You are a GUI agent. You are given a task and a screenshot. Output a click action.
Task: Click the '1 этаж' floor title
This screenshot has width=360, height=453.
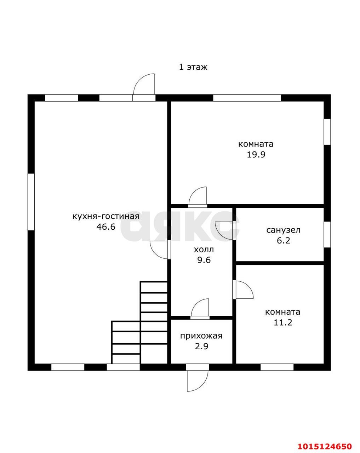coord(193,67)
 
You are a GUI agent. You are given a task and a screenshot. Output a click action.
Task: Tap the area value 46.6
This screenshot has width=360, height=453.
coord(106,227)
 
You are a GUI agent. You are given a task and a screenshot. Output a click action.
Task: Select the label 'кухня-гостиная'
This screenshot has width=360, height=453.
coord(106,216)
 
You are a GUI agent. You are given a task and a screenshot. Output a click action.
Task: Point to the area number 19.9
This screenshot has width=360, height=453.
coord(256,155)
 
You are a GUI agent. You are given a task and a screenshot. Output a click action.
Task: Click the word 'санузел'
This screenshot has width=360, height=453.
coord(283,230)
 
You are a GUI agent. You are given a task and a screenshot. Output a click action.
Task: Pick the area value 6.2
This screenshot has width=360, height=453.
coord(284,240)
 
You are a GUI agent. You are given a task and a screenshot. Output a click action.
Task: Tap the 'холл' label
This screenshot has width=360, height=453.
coord(204,250)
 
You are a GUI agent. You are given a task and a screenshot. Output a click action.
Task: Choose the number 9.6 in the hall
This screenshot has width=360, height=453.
coord(204,260)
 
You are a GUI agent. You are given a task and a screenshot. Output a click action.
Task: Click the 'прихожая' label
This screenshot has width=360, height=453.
coord(201,336)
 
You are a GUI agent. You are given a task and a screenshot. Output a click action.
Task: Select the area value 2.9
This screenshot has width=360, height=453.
coord(201,346)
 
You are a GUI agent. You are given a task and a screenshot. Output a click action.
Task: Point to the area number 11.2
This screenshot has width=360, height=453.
coord(283,322)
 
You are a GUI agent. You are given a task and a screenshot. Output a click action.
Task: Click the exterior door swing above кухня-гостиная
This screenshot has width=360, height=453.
coord(144,87)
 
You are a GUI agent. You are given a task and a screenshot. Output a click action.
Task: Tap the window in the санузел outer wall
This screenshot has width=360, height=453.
coord(327,234)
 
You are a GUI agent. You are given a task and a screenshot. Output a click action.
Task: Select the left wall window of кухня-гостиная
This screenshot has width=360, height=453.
coord(31,202)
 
